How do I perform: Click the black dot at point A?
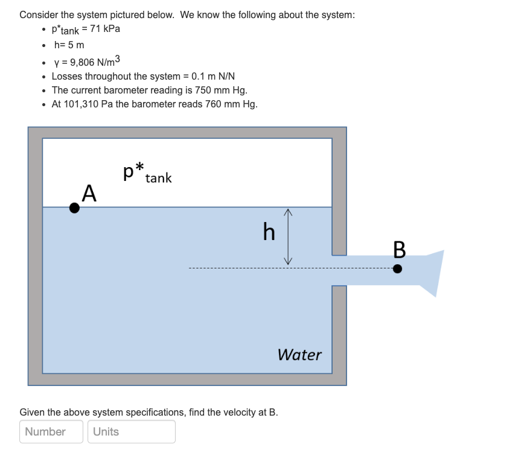click(x=74, y=208)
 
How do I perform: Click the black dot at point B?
click(x=397, y=268)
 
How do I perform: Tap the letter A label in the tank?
click(x=89, y=193)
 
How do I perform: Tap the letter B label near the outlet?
click(x=399, y=249)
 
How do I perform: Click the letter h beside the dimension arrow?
click(x=269, y=231)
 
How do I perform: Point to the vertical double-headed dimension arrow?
click(x=289, y=236)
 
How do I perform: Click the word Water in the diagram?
click(x=299, y=355)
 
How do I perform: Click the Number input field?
click(x=51, y=431)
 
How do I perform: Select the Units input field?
click(x=132, y=431)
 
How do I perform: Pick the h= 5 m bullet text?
click(x=69, y=45)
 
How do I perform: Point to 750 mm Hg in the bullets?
click(x=221, y=90)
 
